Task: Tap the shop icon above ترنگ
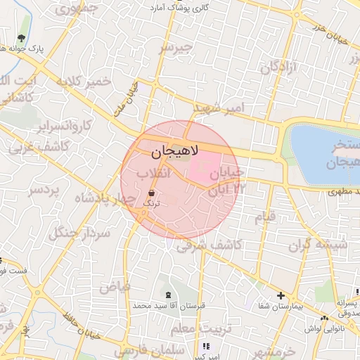(152, 192)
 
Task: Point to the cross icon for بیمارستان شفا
(281, 296)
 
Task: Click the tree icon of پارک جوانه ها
(22, 38)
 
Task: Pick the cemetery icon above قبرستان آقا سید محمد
(167, 295)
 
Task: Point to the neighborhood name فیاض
(115, 286)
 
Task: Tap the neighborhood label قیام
(265, 218)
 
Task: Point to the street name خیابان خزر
(331, 32)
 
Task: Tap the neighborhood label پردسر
(45, 190)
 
